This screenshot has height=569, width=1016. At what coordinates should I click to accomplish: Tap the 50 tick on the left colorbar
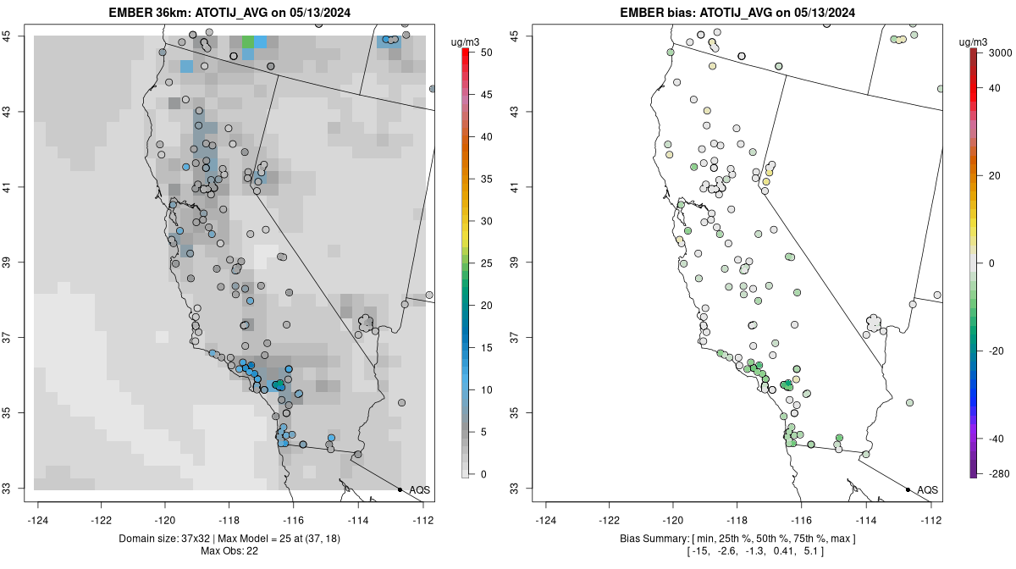click(x=484, y=52)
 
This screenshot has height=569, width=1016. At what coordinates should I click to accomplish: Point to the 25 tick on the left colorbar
click(x=484, y=263)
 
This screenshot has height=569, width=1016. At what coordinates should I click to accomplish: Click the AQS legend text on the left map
click(x=419, y=490)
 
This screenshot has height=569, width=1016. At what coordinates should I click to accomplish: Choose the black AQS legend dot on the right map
click(x=908, y=490)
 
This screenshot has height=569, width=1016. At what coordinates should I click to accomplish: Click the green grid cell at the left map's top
click(x=247, y=41)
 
